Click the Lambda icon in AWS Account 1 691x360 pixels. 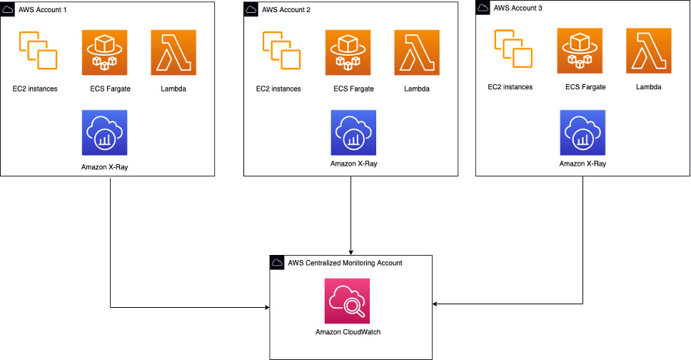pos(173,52)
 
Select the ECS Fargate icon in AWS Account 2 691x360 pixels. pos(348,52)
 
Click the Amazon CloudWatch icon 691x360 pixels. pos(347,301)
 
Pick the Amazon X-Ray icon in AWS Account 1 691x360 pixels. pos(105,133)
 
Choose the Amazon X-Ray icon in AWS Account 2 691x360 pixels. pos(353,133)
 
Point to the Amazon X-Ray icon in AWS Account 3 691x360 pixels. pos(582,133)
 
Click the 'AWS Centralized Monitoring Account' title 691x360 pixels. pos(345,263)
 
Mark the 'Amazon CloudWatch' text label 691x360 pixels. pos(346,331)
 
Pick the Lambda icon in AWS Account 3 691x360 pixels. pos(649,51)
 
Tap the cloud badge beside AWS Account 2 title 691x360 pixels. pos(251,10)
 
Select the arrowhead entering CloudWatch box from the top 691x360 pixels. pos(350,251)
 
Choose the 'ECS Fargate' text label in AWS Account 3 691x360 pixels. pos(585,87)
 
